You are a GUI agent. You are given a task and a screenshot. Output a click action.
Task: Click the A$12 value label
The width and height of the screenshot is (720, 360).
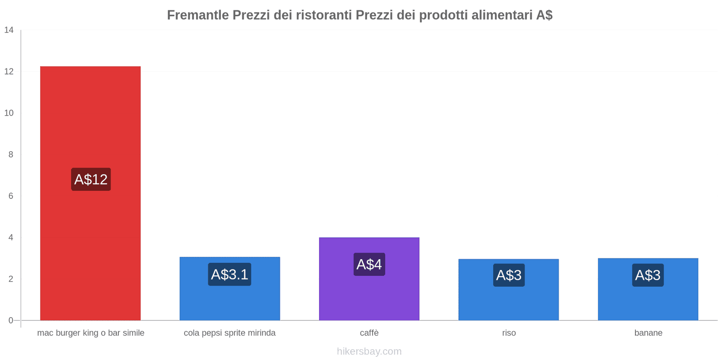(x=91, y=180)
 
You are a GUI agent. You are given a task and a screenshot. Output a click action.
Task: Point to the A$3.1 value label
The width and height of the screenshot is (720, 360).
(x=229, y=274)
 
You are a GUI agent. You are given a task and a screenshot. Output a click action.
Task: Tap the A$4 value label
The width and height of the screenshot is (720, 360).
(x=369, y=264)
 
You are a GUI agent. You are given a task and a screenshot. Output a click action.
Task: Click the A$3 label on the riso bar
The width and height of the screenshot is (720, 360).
(x=508, y=275)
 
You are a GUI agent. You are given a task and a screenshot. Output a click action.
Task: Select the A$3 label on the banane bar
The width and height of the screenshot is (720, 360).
(x=648, y=275)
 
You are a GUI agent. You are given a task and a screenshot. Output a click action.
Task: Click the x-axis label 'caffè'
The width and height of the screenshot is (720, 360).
(x=369, y=333)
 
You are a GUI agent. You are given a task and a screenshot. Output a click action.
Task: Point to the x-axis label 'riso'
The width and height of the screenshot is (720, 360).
(x=509, y=333)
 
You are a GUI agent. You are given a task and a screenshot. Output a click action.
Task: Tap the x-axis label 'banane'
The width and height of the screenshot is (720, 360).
(x=648, y=333)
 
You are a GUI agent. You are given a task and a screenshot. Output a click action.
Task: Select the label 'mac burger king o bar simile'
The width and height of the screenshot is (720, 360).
(x=90, y=333)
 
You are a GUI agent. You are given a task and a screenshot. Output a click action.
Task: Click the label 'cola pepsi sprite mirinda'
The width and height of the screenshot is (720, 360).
(x=229, y=333)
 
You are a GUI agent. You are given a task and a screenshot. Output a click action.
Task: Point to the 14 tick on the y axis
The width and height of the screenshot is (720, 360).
(x=9, y=30)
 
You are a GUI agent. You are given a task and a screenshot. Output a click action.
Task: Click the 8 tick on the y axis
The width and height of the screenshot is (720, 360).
(x=11, y=154)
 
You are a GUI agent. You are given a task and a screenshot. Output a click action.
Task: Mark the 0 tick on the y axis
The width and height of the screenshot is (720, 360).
(x=11, y=320)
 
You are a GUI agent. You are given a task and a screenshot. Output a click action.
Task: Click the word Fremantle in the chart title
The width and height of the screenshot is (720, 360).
(x=198, y=15)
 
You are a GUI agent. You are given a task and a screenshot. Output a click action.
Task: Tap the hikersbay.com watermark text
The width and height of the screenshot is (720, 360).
(x=369, y=351)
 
